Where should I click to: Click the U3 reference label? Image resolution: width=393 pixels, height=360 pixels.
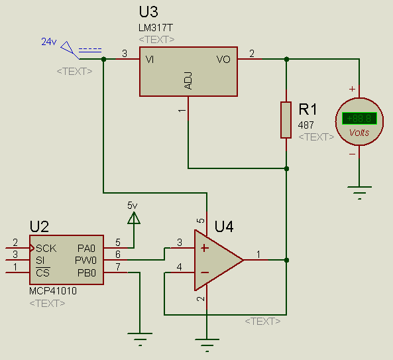[x=148, y=12]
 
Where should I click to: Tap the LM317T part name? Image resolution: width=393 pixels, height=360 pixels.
[x=156, y=28]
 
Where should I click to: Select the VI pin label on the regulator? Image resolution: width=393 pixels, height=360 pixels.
[x=150, y=60]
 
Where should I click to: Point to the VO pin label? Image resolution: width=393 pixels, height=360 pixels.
[x=223, y=60]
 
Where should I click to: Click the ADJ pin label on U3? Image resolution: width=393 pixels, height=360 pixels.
[x=188, y=81]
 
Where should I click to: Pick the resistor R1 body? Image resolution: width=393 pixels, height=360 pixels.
[x=286, y=120]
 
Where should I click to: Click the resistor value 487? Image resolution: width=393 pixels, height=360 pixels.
[x=306, y=125]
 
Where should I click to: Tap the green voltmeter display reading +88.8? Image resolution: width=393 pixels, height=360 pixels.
[x=359, y=118]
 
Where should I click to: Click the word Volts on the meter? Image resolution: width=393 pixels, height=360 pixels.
[x=359, y=133]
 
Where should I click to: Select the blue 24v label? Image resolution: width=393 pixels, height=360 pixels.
[x=49, y=42]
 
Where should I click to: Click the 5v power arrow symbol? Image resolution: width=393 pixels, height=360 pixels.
[x=134, y=217]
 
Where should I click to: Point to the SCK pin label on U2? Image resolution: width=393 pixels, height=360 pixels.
[x=46, y=249]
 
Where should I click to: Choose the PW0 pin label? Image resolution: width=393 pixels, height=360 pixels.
[x=85, y=261]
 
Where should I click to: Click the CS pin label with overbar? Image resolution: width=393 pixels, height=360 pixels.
[x=43, y=272]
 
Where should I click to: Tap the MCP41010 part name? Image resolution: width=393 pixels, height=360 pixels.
[x=53, y=291]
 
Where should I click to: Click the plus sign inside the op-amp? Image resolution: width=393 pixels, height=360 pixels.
[x=205, y=248]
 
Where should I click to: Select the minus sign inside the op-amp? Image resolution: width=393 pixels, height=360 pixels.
[x=205, y=272]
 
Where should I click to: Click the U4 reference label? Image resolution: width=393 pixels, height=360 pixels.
[x=224, y=227]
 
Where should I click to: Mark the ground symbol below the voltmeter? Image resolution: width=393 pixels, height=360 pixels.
[x=359, y=192]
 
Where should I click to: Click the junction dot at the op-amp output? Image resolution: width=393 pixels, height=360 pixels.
[x=286, y=261]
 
